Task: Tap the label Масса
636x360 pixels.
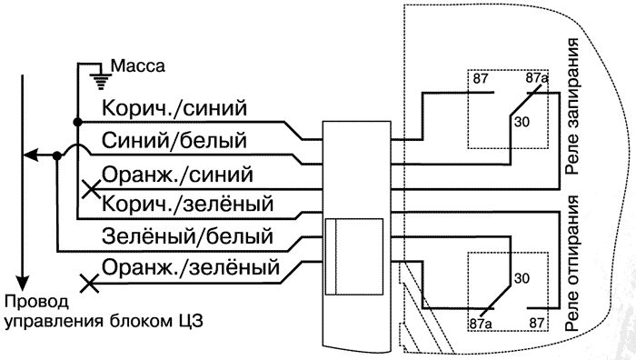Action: pos(136,66)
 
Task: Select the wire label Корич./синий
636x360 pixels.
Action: pos(174,109)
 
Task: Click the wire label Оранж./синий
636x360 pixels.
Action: pos(177,173)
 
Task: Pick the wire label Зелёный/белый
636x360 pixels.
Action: pos(188,236)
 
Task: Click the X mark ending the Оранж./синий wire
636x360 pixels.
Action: pos(90,190)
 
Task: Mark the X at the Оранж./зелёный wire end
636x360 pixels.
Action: pos(89,284)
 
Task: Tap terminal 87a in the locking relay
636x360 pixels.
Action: pos(537,81)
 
